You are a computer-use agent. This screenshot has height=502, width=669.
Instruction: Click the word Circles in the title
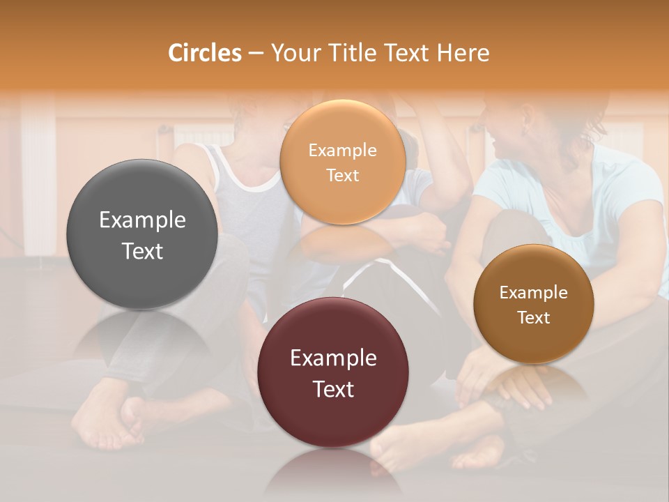(204, 53)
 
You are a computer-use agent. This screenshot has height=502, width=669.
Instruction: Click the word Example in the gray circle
(142, 220)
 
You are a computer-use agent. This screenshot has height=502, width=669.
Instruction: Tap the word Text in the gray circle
(142, 251)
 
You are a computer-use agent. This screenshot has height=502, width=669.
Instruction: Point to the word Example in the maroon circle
(333, 358)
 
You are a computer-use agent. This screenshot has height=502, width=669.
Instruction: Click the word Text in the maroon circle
(333, 389)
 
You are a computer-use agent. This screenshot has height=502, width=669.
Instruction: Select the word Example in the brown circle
(534, 293)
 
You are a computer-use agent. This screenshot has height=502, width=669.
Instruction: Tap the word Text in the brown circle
(534, 318)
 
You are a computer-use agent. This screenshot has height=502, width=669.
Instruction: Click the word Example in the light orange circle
(343, 151)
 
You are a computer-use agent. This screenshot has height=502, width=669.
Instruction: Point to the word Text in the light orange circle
(343, 176)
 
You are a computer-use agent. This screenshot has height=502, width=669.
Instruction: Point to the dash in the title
(256, 54)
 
